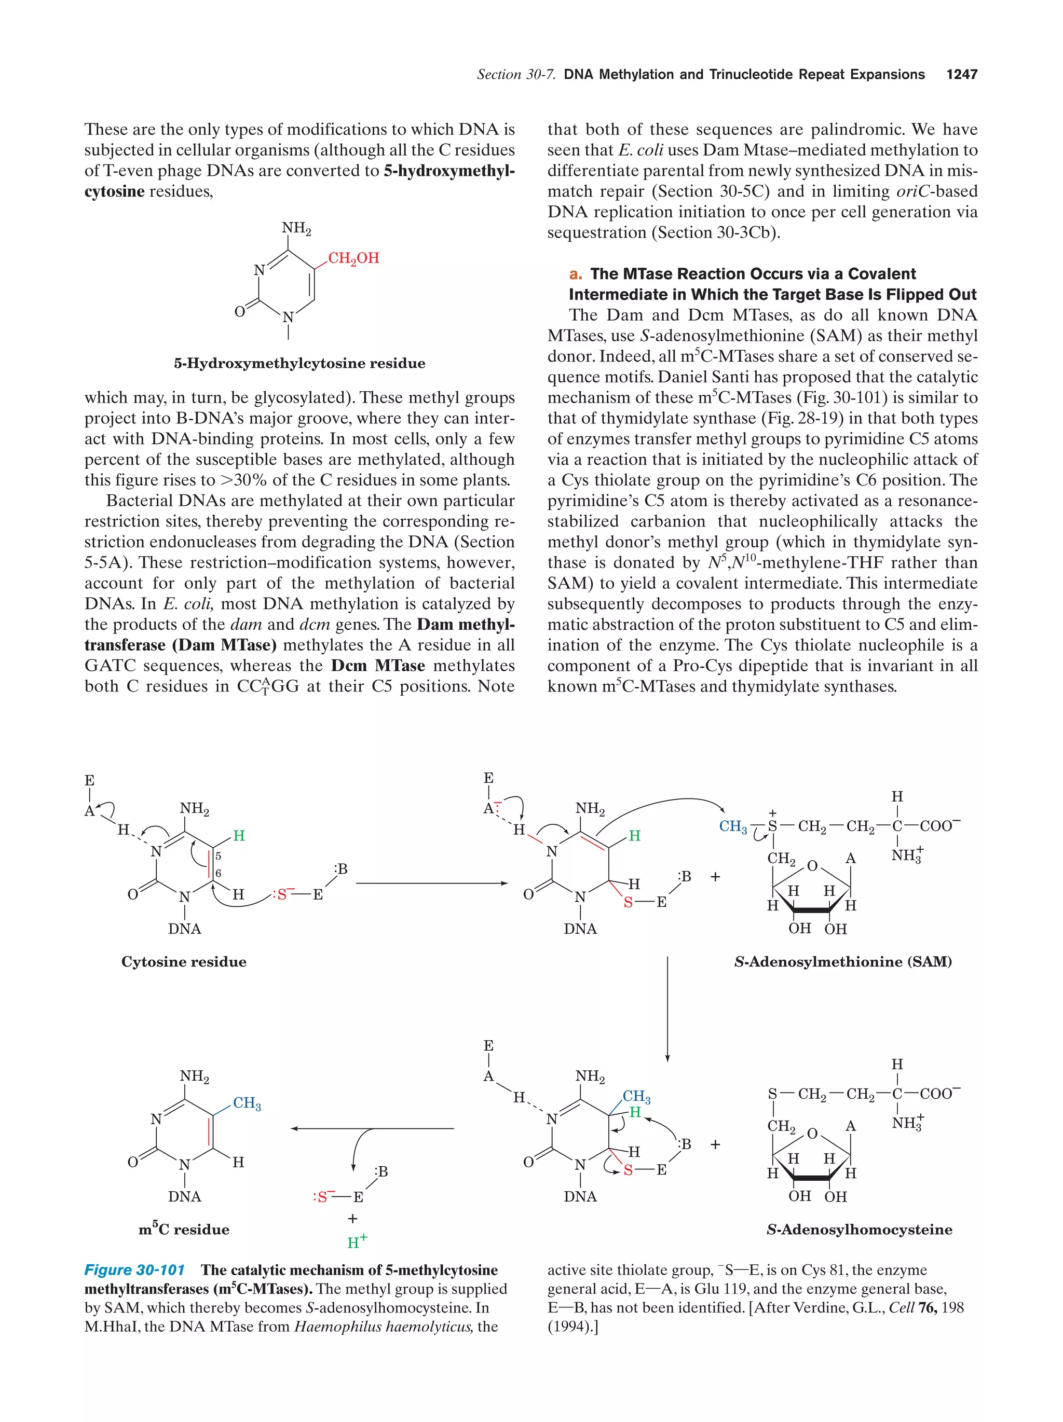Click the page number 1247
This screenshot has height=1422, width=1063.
pos(961,75)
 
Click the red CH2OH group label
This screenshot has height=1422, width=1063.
pos(353,258)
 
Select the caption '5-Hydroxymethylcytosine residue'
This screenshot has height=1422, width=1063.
pos(299,363)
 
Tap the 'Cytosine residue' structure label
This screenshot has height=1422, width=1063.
pos(184,962)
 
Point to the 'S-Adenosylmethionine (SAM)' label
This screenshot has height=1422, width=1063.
pos(842,962)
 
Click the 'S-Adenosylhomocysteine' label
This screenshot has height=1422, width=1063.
pos(859,1229)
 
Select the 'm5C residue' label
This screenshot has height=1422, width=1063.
pos(184,1229)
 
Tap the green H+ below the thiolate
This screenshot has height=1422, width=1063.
pos(357,1242)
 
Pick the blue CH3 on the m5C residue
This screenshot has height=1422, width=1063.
pos(247,1103)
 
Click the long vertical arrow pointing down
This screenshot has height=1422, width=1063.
pos(667,1009)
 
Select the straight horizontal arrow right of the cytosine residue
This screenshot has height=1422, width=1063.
pos(431,883)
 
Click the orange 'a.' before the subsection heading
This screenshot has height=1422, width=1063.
pos(576,274)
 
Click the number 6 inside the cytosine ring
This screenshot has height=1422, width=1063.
pos(218,873)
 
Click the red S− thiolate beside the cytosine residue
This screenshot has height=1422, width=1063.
pos(283,894)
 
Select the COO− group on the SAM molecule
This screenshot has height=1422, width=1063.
pos(939,826)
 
